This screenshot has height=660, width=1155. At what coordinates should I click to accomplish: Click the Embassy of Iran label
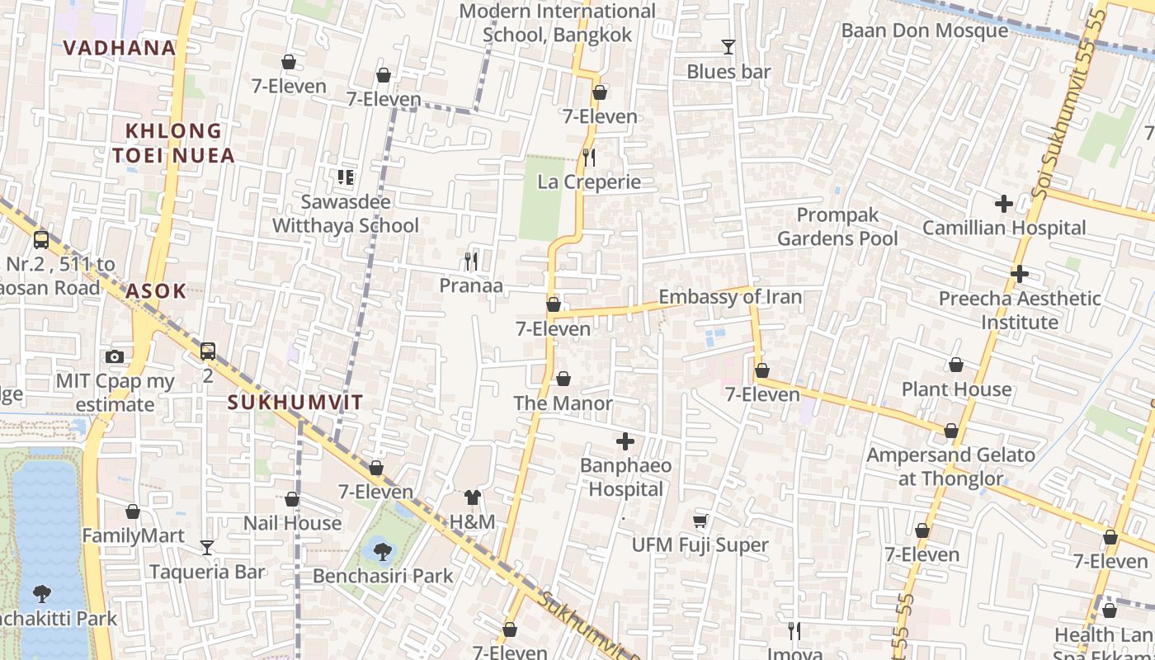tap(729, 297)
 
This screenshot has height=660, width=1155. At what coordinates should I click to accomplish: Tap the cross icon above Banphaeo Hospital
tap(625, 441)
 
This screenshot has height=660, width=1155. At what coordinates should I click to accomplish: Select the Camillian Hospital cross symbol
tap(1003, 203)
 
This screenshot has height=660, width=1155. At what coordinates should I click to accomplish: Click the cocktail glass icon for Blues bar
tap(728, 47)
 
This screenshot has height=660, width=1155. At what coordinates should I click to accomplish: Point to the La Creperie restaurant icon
tap(589, 157)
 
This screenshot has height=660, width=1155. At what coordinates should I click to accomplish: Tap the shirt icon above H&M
tap(472, 497)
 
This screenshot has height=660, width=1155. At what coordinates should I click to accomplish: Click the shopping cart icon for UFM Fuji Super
tap(700, 521)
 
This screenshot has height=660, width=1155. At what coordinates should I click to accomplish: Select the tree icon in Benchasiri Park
tap(382, 550)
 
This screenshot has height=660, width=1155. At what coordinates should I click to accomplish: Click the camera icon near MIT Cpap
tap(115, 356)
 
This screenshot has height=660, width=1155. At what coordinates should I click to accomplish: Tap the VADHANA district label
tap(120, 48)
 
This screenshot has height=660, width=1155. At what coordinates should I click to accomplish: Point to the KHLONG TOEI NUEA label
tap(173, 143)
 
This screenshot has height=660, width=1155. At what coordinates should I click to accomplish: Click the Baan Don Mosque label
tap(924, 31)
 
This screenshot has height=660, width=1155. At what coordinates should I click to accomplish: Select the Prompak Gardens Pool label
tap(837, 227)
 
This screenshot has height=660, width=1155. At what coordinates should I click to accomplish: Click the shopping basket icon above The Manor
tap(563, 379)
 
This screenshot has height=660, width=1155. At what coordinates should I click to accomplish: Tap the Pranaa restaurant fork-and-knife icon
tap(471, 262)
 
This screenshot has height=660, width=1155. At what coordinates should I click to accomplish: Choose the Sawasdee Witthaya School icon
tap(346, 177)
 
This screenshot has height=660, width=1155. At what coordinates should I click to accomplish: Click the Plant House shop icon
tap(956, 365)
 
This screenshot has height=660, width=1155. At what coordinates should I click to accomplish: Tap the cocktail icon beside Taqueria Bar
tap(207, 547)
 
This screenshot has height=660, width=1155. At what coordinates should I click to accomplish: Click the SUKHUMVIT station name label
tap(295, 403)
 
